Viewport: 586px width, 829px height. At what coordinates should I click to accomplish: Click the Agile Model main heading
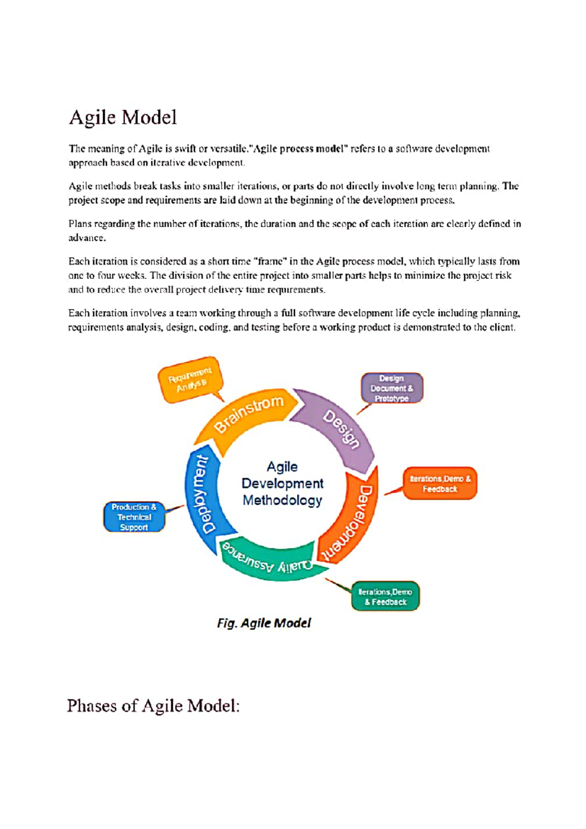[x=123, y=118]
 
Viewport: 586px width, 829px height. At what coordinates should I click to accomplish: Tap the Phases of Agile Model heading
[x=153, y=706]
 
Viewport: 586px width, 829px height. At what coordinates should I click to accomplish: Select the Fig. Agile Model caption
[x=264, y=623]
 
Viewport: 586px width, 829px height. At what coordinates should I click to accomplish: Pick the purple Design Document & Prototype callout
[x=392, y=389]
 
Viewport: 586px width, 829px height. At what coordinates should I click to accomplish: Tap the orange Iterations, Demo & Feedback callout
[x=440, y=484]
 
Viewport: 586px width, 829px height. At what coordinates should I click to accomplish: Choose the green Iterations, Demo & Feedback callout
[x=385, y=597]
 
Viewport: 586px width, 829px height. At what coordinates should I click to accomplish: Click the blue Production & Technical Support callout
[x=134, y=517]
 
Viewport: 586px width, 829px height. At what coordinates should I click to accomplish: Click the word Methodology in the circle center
[x=282, y=500]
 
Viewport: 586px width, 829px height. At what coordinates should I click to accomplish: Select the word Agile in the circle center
[x=282, y=467]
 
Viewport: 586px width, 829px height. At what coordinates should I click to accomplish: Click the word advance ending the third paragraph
[x=86, y=238]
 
